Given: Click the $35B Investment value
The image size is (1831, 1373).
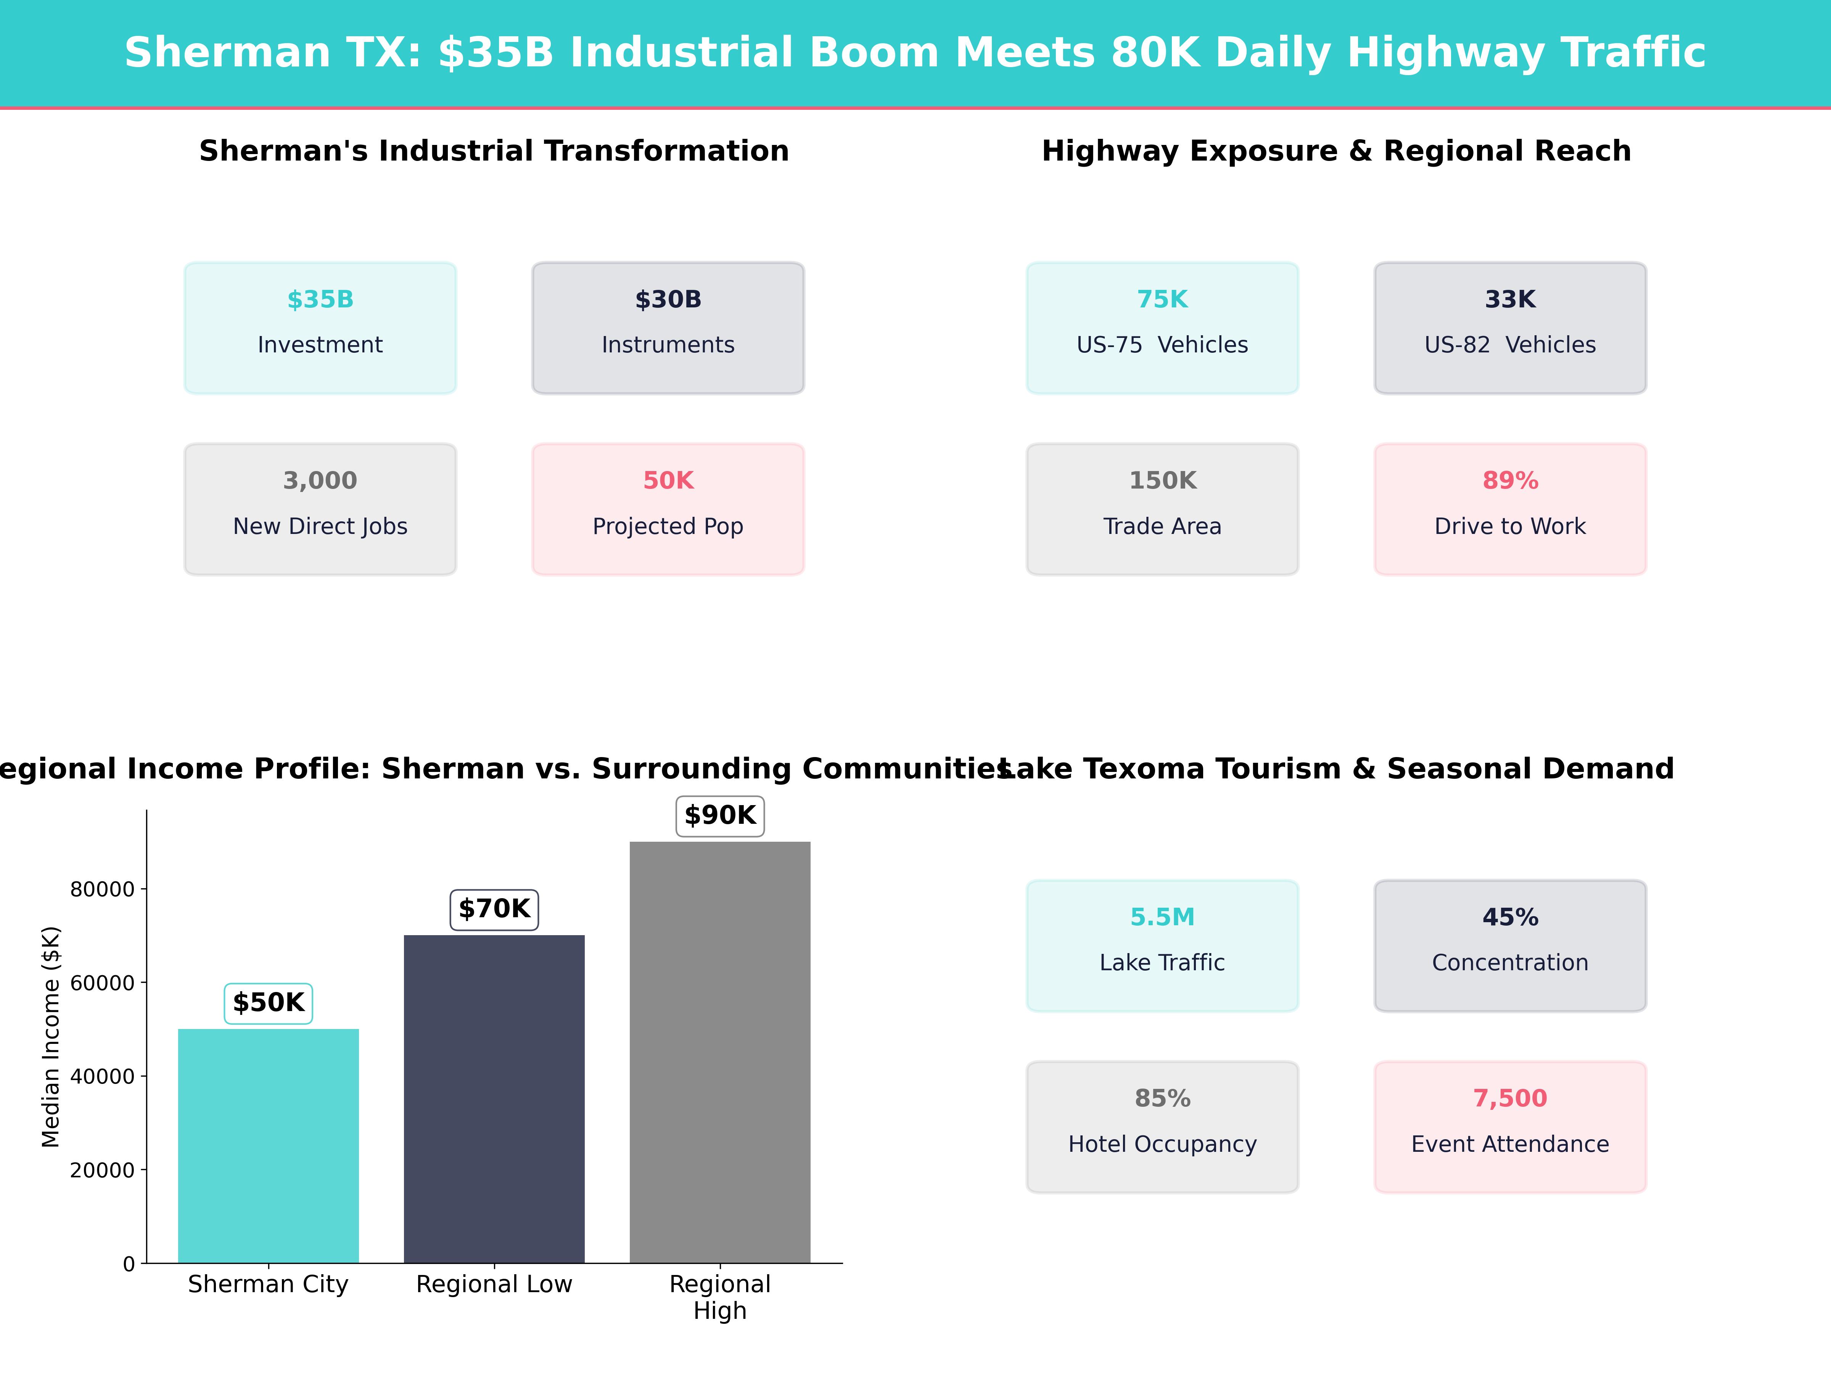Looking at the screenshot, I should point(320,300).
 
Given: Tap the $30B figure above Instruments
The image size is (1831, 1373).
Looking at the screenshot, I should point(668,300).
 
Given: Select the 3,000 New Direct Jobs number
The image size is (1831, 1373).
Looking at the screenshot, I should point(320,481).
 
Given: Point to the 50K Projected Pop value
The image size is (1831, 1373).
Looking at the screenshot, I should point(668,481).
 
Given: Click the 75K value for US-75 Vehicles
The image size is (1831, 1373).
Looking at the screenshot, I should point(1162,300).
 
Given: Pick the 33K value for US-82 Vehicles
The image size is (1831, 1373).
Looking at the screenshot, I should point(1510,300).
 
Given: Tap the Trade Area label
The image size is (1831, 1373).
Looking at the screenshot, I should point(1162,526).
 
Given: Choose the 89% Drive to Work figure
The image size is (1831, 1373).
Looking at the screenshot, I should point(1510,481).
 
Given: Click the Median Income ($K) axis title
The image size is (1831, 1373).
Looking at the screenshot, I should point(51,1037).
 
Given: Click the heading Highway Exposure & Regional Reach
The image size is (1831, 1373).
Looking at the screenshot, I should point(1336,151).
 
